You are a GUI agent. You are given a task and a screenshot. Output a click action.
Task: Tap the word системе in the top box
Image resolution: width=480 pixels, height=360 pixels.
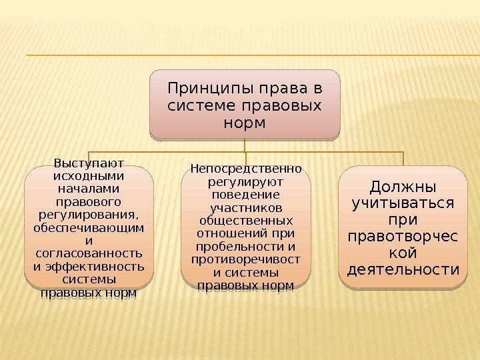coord(198,106)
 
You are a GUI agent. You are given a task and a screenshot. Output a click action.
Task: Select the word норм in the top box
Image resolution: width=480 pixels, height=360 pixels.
coord(245,124)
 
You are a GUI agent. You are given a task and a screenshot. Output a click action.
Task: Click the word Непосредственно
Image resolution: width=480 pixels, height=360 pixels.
coord(245,168)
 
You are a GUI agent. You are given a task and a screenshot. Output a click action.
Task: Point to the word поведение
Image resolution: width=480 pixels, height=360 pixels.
coord(245,194)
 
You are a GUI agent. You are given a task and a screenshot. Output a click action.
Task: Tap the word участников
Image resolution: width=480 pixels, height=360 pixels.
coord(245,207)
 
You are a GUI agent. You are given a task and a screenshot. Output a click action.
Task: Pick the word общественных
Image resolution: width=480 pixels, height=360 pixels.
coord(245,220)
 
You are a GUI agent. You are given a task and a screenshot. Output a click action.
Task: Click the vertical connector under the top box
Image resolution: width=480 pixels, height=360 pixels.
coord(245,146)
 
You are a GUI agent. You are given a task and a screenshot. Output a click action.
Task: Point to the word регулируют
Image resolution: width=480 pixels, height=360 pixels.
coord(245,181)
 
